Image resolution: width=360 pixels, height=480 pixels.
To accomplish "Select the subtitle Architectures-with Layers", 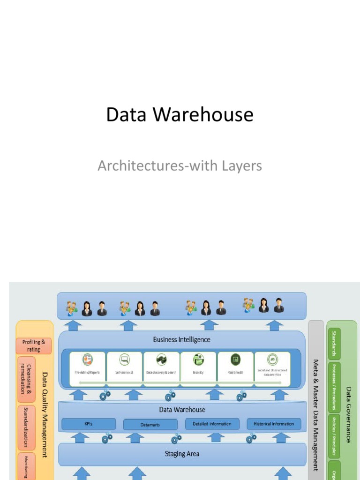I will point(180,165).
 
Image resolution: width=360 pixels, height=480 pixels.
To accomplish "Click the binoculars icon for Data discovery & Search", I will point(161,360).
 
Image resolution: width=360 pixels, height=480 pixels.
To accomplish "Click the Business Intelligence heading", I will point(181,339).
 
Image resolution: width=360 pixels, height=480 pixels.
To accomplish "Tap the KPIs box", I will point(89,424).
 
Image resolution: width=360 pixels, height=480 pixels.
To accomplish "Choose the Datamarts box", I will point(150,425).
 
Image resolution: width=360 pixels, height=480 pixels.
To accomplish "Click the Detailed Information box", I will point(212,424).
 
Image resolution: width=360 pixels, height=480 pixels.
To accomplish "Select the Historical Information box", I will point(274,424).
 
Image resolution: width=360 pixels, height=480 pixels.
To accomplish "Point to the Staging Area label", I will point(182,454).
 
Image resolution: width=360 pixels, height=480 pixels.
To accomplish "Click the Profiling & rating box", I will point(34,346).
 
